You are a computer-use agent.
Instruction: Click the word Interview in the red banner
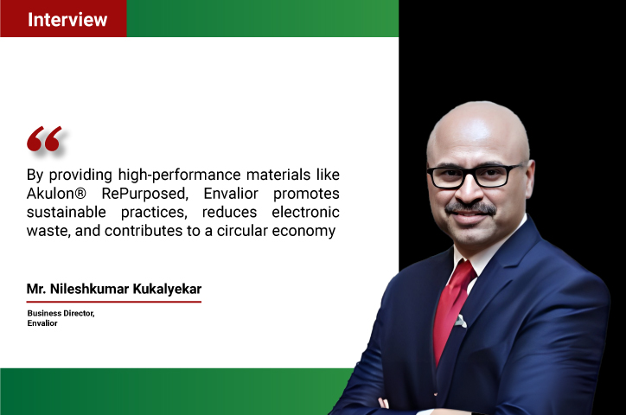click(x=67, y=20)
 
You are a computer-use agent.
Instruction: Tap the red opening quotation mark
click(x=44, y=139)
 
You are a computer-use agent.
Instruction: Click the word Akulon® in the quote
click(x=56, y=194)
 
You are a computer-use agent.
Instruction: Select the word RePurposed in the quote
click(x=145, y=194)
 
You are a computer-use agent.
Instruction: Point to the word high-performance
click(x=180, y=176)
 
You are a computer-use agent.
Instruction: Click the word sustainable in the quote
click(x=67, y=213)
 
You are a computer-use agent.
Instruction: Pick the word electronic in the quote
click(x=305, y=213)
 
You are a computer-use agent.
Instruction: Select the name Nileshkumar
click(x=89, y=289)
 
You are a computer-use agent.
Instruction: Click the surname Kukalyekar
click(x=167, y=290)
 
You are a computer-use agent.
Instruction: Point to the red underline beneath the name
click(x=114, y=302)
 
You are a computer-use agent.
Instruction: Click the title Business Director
click(x=61, y=314)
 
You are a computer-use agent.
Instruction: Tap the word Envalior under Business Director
click(x=42, y=323)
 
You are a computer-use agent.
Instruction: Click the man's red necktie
click(x=453, y=307)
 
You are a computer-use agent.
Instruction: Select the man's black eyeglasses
click(x=475, y=176)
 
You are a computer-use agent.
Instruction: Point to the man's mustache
click(x=470, y=208)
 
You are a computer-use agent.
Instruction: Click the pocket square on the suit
click(x=461, y=321)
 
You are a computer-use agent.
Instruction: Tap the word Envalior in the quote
click(x=231, y=194)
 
